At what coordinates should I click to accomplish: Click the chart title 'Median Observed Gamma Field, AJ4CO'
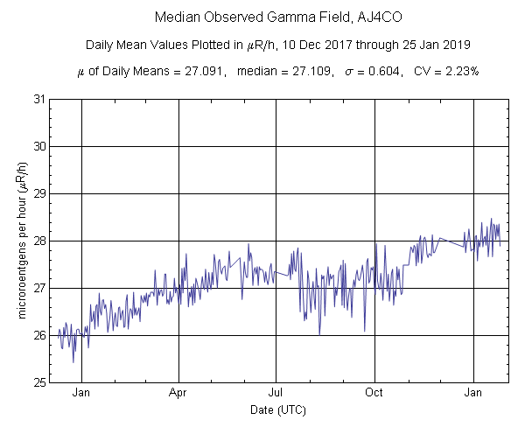[262, 17]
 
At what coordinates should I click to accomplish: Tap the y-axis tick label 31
[40, 99]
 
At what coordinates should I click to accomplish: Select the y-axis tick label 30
[40, 146]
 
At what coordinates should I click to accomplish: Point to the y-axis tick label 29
[40, 193]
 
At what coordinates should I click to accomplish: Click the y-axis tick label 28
[40, 241]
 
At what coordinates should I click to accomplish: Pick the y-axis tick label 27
[40, 288]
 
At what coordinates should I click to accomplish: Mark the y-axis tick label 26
[40, 335]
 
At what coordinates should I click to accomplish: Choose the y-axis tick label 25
[40, 382]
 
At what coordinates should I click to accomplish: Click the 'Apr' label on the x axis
[178, 393]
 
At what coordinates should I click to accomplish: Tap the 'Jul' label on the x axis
[276, 393]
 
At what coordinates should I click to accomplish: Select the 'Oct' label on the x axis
[374, 393]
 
